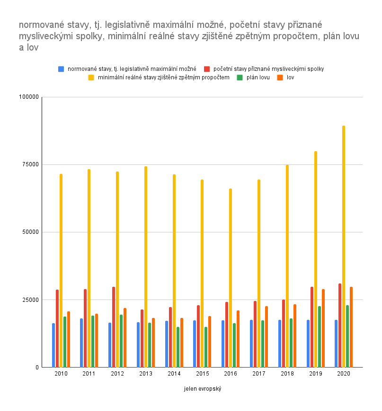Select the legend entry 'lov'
click(x=290, y=77)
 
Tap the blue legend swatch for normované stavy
click(x=61, y=69)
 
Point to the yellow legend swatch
click(x=91, y=77)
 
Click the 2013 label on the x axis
click(x=146, y=374)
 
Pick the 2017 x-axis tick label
click(x=259, y=374)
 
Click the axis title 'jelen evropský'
click(x=203, y=389)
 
